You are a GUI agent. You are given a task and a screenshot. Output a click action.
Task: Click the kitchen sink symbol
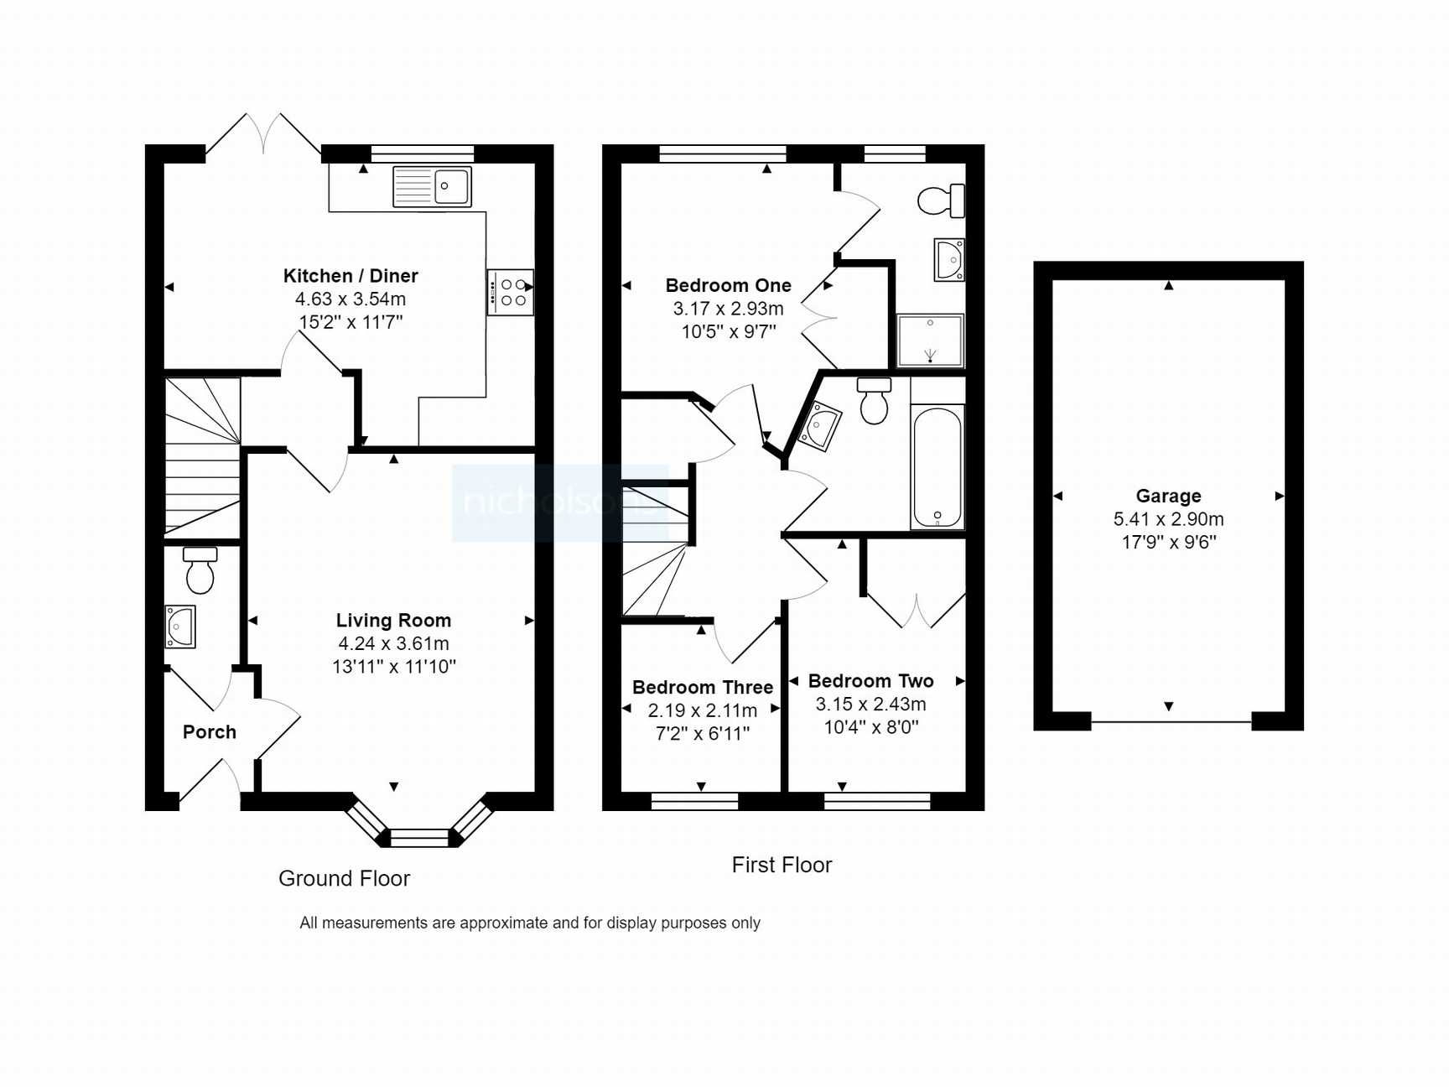[x=432, y=186]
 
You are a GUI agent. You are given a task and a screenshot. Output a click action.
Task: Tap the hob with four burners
[x=510, y=292]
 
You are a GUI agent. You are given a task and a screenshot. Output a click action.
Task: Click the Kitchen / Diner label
[x=351, y=276]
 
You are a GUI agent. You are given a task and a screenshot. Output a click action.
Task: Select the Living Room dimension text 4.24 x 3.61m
[x=393, y=643]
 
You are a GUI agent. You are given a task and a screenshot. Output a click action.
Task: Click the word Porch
[x=210, y=732]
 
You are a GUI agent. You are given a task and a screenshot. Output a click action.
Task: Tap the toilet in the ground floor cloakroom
[x=200, y=571]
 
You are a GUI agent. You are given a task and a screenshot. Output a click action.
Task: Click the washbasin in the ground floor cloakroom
[x=180, y=627]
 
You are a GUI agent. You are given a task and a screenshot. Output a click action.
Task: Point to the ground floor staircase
[x=202, y=457]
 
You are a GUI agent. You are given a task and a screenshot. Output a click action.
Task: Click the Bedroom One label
[x=728, y=285]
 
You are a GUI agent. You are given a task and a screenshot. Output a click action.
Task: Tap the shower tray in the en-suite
[x=930, y=341]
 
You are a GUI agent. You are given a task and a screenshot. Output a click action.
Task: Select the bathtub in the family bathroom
[x=937, y=467]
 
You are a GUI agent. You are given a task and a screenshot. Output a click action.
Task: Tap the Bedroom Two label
[x=870, y=681]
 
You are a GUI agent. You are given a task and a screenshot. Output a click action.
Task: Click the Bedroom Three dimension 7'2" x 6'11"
[x=703, y=734]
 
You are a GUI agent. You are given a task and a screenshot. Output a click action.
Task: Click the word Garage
[x=1168, y=496]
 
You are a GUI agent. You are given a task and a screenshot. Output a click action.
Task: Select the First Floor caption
[x=782, y=865]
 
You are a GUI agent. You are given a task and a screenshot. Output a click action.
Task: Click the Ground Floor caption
[x=344, y=878]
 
